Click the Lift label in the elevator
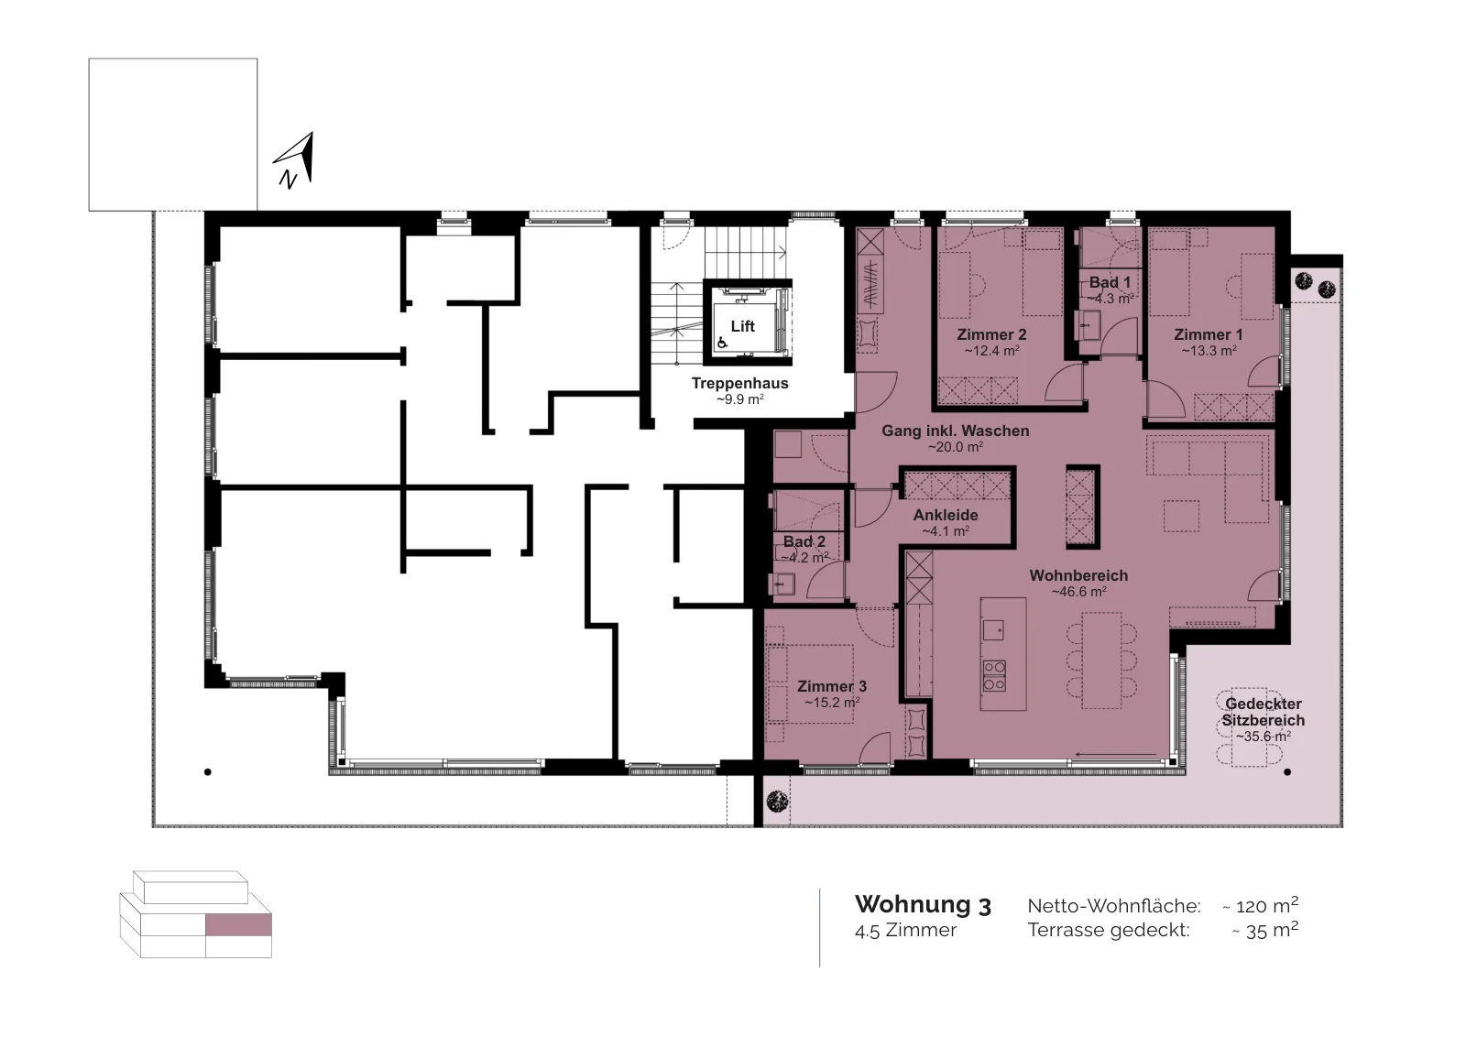[743, 326]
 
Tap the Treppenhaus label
[739, 384]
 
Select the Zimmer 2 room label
[991, 334]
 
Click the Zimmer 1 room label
[1209, 334]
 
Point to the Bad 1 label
[1110, 283]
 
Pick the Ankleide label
[946, 515]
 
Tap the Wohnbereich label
[1078, 575]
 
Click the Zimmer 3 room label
[832, 686]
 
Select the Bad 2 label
[804, 541]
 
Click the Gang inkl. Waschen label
[956, 431]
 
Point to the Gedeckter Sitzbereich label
[1264, 712]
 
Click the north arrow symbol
[295, 159]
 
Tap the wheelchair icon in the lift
[723, 343]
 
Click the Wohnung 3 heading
[923, 905]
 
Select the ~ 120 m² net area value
[1261, 905]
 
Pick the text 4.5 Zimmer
[906, 931]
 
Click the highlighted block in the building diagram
[238, 925]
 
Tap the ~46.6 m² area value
[1078, 592]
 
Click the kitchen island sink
[993, 629]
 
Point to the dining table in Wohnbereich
[1102, 660]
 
